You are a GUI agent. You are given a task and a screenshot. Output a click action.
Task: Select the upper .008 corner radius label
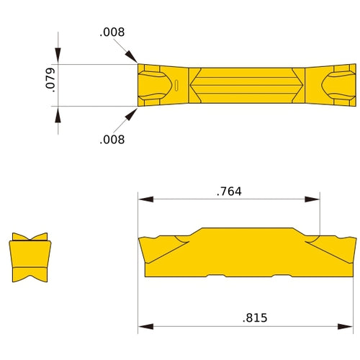tap(112, 32)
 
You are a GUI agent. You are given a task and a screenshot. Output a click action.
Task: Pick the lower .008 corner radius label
tap(112, 139)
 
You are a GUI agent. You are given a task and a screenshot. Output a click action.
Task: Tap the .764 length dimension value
tap(229, 192)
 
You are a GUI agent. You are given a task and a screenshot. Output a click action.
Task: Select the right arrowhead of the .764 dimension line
tap(315, 199)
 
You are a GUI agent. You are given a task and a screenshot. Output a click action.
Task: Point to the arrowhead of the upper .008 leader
tap(135, 60)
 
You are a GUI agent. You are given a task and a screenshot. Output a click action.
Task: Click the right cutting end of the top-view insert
tap(341, 86)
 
